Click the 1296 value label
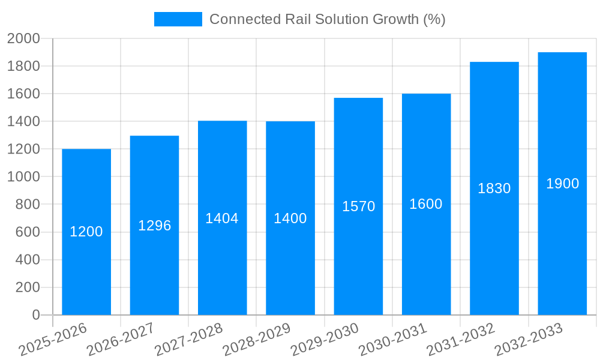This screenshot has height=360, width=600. point(155,226)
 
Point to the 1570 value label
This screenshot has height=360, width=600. point(359,206)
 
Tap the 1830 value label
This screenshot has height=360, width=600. point(494,188)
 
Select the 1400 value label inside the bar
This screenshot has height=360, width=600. point(290,218)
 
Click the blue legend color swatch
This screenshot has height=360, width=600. point(178,19)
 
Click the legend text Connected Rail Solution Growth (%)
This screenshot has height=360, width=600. point(328,19)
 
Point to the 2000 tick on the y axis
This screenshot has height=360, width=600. point(23,38)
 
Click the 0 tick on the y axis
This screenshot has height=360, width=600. point(35,315)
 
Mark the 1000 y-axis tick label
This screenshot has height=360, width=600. point(23,177)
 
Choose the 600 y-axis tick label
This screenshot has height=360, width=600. point(28,232)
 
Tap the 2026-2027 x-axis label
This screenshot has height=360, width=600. point(121,340)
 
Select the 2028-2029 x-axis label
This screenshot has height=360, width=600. point(257,340)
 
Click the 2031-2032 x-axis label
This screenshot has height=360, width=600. point(461,340)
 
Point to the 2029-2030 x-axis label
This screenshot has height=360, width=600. point(325,340)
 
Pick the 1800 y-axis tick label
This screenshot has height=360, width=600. point(23,66)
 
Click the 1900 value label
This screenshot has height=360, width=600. point(562,184)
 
